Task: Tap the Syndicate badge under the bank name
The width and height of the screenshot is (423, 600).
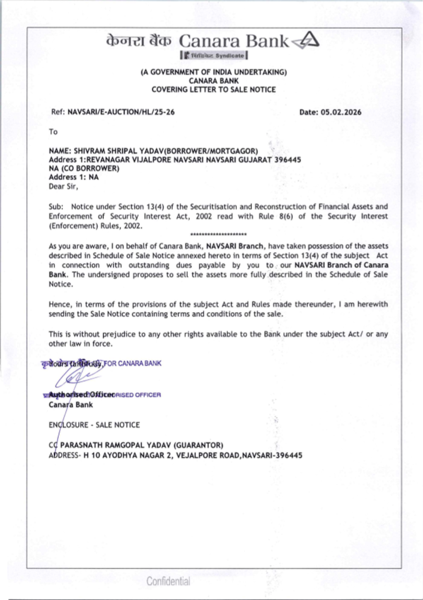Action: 214,55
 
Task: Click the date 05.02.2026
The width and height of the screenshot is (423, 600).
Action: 341,112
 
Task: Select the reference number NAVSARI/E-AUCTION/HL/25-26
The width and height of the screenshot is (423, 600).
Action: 121,112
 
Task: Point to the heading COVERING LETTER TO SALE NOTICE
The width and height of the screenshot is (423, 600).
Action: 214,90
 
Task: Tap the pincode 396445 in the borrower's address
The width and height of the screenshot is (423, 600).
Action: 288,160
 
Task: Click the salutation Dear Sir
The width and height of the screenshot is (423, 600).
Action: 63,186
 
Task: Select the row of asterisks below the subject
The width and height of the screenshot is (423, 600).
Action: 218,234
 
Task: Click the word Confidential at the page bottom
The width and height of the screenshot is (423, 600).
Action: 168,581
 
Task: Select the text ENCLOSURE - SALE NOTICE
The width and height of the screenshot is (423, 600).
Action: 94,425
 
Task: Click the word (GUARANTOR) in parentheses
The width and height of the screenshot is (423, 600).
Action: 199,445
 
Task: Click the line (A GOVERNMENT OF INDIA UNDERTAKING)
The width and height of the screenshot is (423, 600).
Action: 214,72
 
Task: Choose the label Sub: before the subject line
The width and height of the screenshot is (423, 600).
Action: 56,207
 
